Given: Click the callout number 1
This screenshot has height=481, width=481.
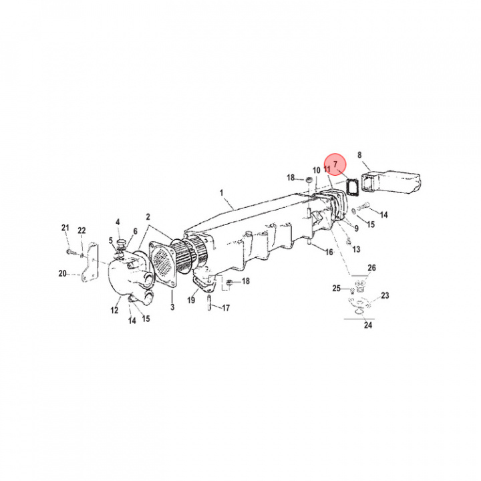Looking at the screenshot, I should (221, 194).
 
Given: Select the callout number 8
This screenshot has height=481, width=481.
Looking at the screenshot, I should (360, 156).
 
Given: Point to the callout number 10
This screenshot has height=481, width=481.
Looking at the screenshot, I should (316, 170).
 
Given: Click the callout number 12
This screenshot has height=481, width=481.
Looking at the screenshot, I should (114, 309).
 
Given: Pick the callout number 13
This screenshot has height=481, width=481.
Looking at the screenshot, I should (356, 249).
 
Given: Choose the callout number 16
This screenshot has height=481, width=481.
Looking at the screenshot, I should (329, 252).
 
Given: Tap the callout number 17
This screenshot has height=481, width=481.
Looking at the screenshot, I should (226, 308).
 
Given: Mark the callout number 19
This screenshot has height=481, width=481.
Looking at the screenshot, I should (191, 301).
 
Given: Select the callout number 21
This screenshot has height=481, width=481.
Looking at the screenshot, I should (65, 228).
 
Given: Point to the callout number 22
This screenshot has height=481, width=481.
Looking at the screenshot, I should (82, 230).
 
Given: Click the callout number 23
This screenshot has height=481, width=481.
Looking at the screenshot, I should (385, 295).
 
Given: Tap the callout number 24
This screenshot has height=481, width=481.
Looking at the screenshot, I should (367, 326).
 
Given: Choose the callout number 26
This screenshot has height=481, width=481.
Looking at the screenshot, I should (371, 268).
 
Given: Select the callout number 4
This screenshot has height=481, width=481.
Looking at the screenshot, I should (118, 222).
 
